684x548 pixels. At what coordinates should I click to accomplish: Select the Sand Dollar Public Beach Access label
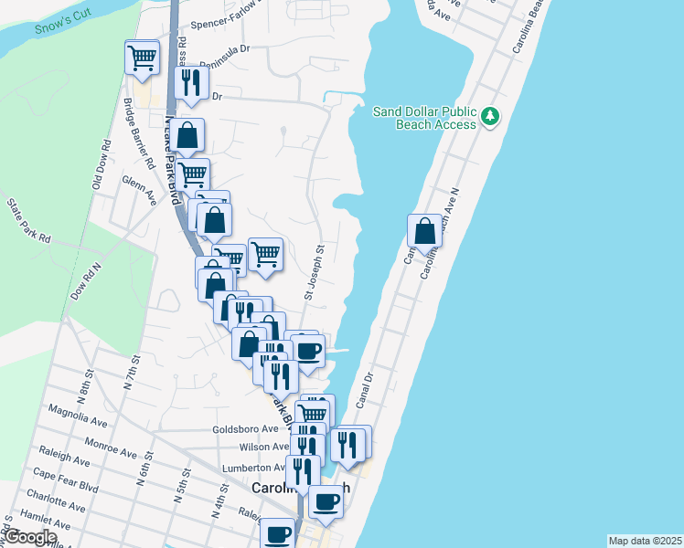click(424, 118)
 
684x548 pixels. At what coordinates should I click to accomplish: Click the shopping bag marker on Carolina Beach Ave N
click(425, 230)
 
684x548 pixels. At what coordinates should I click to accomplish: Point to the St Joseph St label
click(313, 271)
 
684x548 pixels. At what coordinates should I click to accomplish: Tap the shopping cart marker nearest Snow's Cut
click(142, 58)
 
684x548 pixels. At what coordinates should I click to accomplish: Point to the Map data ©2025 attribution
click(645, 541)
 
